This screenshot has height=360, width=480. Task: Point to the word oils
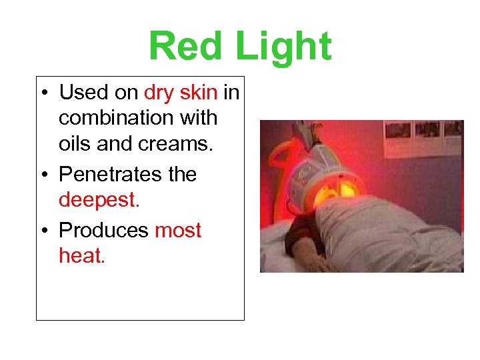(75, 143)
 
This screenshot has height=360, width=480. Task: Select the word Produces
(103, 230)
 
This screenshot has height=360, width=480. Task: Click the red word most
(177, 230)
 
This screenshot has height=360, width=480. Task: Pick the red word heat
(81, 255)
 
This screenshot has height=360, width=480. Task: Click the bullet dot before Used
(45, 93)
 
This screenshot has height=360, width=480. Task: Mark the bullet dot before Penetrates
(45, 175)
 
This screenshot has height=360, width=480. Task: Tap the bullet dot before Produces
(45, 231)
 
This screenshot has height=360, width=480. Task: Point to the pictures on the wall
(427, 129)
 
